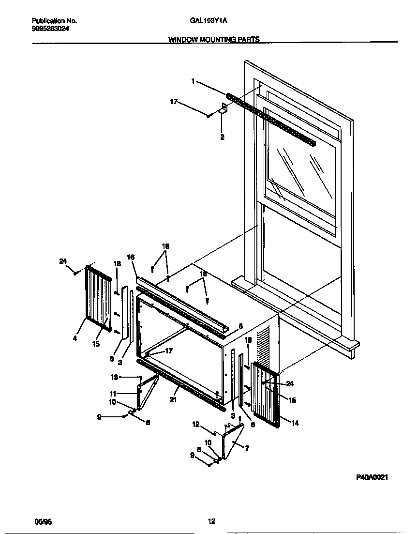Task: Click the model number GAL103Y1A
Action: pos(209,21)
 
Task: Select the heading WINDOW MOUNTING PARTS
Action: pos(213,40)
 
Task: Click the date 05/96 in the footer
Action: pos(43,521)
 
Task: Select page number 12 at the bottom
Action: pos(211,521)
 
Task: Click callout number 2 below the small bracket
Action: pos(222,137)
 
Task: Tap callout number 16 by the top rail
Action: pos(131,257)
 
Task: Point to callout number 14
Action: pos(295,423)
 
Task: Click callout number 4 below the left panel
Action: pos(75,339)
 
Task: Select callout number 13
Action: pos(114,377)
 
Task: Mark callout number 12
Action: pos(195,424)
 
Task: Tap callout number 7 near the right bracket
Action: pos(247,448)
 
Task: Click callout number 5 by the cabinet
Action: pos(240,326)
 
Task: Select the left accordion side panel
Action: pos(99,300)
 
